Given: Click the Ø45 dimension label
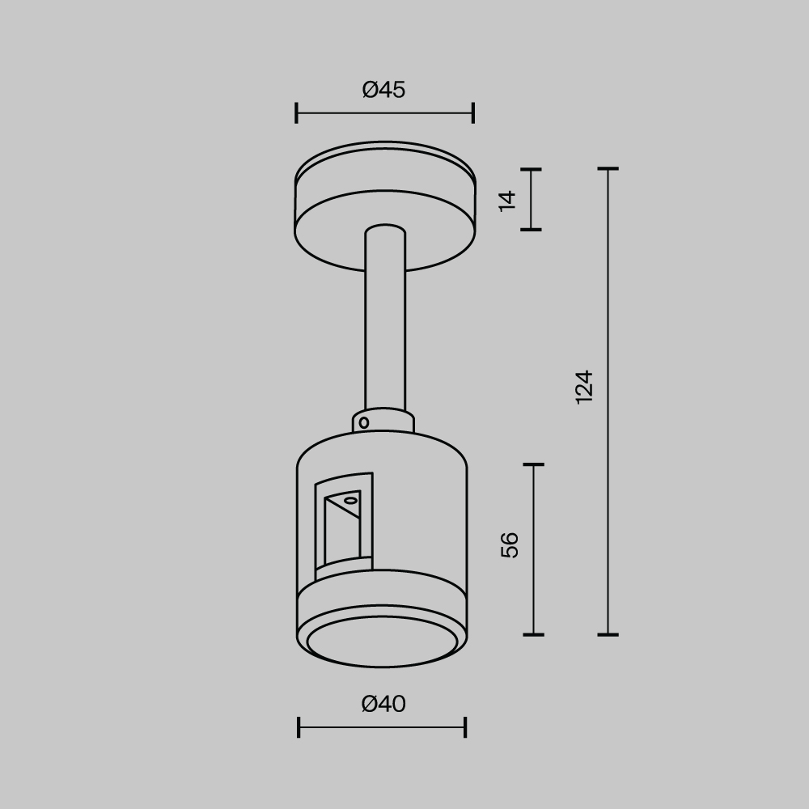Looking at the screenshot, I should point(383,90).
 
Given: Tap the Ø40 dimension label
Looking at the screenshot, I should point(383,705).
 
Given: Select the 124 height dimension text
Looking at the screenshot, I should point(584,387).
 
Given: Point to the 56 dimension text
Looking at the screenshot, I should point(510,545).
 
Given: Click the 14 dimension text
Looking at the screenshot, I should point(507,200).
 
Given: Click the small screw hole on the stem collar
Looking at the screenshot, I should point(364,422).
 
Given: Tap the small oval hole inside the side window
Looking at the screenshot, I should point(350,502).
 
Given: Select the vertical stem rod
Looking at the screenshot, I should point(385,324).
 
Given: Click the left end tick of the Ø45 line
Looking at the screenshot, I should point(297,113).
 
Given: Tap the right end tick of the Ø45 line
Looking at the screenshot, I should point(473,113).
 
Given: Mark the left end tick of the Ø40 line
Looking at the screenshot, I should point(299,727).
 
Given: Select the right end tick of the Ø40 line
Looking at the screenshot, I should point(465,727).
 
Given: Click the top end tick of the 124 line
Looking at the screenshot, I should point(608,169).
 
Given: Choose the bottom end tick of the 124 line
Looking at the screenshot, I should point(608,634).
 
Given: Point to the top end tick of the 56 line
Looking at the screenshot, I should point(533,465).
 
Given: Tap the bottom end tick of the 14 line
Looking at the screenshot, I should point(531,230).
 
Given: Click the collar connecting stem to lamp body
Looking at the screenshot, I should point(383,421).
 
